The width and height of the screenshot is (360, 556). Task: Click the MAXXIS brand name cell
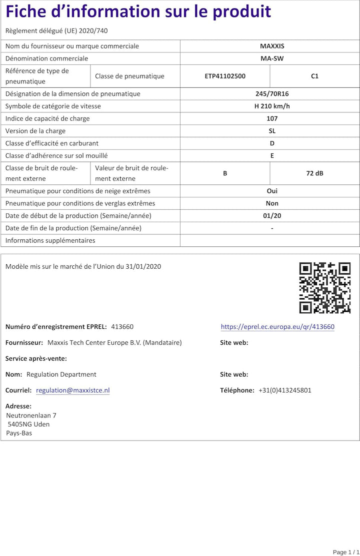point(271,46)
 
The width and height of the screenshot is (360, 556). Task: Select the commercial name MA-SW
point(271,58)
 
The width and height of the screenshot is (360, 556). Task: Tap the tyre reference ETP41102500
point(225,76)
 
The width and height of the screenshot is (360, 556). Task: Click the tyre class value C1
point(314,76)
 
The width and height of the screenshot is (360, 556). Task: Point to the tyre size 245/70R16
point(271,93)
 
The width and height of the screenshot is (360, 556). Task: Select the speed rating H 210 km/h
point(271,106)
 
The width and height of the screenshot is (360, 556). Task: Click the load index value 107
point(271,118)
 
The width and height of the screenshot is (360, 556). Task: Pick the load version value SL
point(271,131)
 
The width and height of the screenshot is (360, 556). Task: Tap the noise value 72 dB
point(314,173)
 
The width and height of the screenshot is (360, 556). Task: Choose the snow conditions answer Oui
point(271,191)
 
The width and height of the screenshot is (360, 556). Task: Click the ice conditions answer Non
point(271,203)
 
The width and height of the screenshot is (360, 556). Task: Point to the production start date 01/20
point(271,216)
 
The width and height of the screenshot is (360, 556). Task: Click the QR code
point(325,288)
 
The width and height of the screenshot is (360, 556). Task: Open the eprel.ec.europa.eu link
point(277,327)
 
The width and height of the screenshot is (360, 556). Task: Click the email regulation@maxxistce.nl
point(73,390)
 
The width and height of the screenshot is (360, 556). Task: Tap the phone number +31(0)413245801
point(284,390)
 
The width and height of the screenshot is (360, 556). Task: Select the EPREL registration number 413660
point(122,327)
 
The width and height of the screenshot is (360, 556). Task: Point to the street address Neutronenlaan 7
point(31,415)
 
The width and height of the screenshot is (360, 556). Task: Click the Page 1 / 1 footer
point(345,552)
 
